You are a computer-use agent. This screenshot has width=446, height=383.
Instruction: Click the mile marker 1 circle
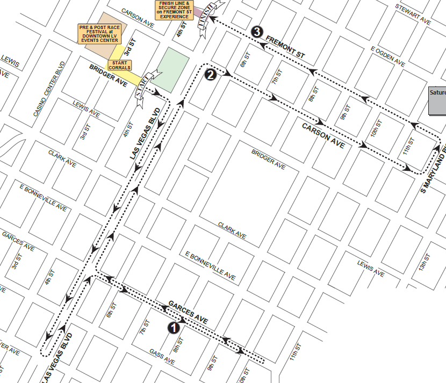coord(174,327)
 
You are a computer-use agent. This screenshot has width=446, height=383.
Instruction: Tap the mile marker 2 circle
coord(211,75)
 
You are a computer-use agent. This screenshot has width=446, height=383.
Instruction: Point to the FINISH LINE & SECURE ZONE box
coord(175,10)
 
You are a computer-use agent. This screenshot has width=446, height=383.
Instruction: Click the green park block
coord(173,69)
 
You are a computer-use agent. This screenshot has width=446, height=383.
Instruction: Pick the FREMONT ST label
coord(285,48)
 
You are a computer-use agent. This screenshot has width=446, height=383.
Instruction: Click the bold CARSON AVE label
coord(323,136)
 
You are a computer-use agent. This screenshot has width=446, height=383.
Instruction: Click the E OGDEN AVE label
coord(387,55)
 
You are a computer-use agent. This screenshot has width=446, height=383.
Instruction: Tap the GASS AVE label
coord(161,357)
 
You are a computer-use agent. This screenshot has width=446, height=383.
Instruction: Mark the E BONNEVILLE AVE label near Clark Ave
coord(210,265)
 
